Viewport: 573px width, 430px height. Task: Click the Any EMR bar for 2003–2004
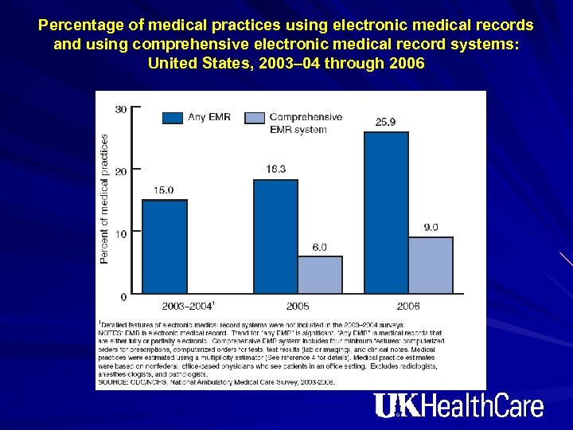[x=165, y=247]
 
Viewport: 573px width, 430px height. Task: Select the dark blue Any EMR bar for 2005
[x=275, y=237]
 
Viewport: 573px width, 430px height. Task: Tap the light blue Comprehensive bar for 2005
[x=320, y=275]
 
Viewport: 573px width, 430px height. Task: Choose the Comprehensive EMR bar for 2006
[x=431, y=265]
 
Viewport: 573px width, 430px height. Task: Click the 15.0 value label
[x=163, y=190]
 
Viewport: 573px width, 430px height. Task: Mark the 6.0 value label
[x=319, y=248]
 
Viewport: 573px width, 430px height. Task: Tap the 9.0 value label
[x=431, y=228]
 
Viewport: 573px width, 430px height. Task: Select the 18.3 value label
[x=275, y=170]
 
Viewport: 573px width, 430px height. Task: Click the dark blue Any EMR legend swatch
[x=173, y=117]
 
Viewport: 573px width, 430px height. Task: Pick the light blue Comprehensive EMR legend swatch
[x=254, y=117]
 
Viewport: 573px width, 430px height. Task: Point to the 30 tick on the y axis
[x=120, y=109]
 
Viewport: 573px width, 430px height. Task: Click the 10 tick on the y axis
[x=120, y=234]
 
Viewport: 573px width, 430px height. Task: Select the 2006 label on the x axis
[x=408, y=307]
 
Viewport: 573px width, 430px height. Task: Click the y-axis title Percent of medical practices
[x=104, y=199]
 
